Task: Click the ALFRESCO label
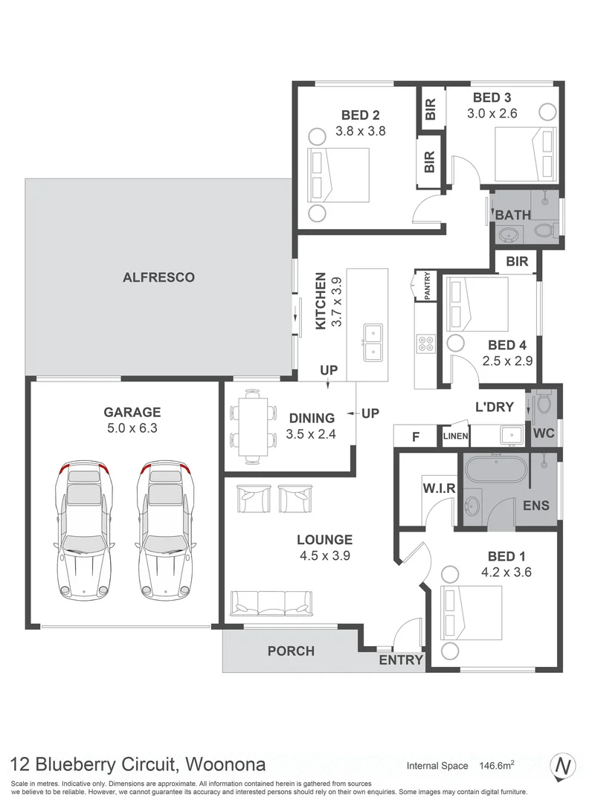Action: click(158, 277)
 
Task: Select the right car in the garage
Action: click(164, 530)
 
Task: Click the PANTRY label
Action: click(428, 285)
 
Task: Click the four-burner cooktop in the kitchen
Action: click(427, 344)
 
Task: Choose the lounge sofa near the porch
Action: click(270, 603)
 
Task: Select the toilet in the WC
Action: click(544, 403)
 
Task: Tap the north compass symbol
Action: click(564, 765)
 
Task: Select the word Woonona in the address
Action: click(224, 764)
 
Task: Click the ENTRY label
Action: click(401, 660)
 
